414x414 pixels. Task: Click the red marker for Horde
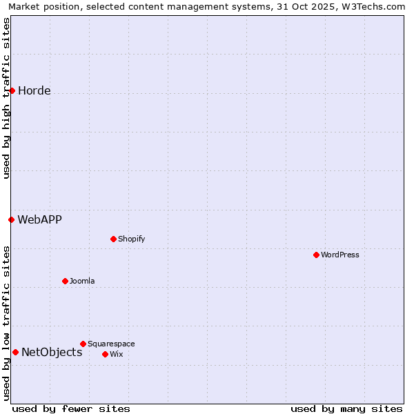(12, 90)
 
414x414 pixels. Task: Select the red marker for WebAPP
(11, 219)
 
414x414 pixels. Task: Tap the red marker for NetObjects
(15, 352)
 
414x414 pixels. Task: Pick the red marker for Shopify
(113, 239)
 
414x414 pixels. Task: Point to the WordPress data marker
(316, 255)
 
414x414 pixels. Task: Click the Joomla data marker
(65, 281)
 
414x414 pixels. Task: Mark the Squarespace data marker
(83, 344)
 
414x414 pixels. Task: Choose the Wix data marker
(105, 354)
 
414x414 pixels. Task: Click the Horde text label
(34, 91)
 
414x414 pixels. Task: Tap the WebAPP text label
(40, 220)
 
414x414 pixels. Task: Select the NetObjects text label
(52, 353)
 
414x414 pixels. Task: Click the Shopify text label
(132, 239)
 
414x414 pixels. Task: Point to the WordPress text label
(340, 255)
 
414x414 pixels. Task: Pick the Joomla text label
(82, 282)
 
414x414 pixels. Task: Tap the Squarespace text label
(111, 344)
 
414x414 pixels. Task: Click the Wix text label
(117, 355)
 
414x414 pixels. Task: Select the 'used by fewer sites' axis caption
(71, 408)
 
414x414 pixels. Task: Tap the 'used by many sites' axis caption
(346, 408)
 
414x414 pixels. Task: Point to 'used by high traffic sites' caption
(6, 98)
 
